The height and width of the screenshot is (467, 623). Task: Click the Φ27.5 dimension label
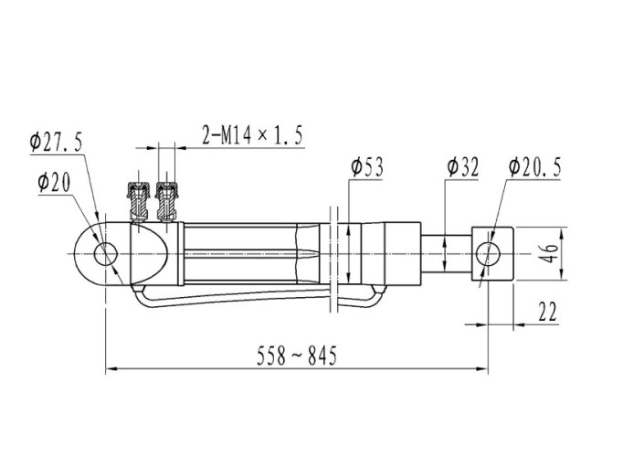[56, 143]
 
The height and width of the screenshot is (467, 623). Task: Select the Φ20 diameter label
[54, 183]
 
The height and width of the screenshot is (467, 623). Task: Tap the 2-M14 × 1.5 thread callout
[252, 134]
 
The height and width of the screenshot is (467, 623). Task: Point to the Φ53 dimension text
[367, 166]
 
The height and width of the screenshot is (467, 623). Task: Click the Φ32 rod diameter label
[463, 166]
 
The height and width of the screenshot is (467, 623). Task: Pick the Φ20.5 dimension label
[534, 166]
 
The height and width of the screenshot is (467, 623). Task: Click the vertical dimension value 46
[549, 253]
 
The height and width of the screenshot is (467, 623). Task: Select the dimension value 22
[547, 312]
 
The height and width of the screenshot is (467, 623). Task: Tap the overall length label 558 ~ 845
[296, 355]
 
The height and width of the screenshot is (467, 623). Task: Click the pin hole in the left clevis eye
[106, 254]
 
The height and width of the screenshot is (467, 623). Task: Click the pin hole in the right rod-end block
[489, 253]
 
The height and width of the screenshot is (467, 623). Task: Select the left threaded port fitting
[138, 202]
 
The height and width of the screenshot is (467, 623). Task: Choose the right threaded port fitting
[167, 202]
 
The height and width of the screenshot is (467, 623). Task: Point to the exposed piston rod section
[446, 253]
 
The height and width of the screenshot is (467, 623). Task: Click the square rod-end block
[492, 253]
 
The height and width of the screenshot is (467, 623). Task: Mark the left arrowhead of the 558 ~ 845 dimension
[111, 369]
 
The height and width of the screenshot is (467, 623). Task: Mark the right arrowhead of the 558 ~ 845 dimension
[482, 369]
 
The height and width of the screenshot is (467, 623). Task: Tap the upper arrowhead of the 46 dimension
[562, 233]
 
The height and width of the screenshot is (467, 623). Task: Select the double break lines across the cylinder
[333, 260]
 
